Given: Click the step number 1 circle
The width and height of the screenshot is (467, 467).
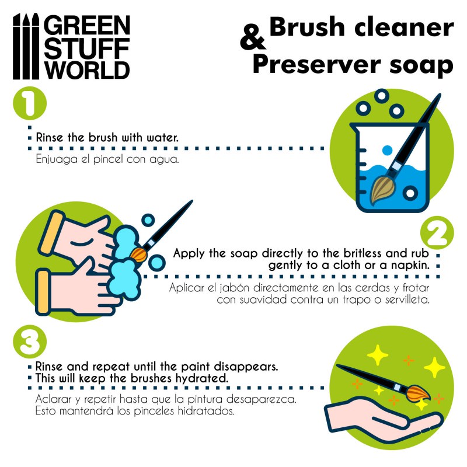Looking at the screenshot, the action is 30,103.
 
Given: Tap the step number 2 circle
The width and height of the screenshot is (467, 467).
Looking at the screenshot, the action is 437,233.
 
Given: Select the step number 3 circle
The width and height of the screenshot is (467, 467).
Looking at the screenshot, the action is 30,342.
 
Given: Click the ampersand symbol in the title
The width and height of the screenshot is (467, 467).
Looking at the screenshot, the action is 253,37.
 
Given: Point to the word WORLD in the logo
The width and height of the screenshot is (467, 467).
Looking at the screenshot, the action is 87,70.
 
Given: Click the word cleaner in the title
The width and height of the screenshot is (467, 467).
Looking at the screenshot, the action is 404,27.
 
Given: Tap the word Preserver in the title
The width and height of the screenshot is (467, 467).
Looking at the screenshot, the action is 317,65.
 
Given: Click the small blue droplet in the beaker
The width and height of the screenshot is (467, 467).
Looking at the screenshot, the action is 387,151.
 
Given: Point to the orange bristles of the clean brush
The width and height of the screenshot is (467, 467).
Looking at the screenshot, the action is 418,393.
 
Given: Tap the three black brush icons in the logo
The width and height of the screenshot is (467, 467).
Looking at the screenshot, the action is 26,46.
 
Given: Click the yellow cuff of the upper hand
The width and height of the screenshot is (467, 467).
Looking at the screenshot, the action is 52,233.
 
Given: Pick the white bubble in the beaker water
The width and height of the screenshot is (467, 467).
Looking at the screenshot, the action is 410,193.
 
